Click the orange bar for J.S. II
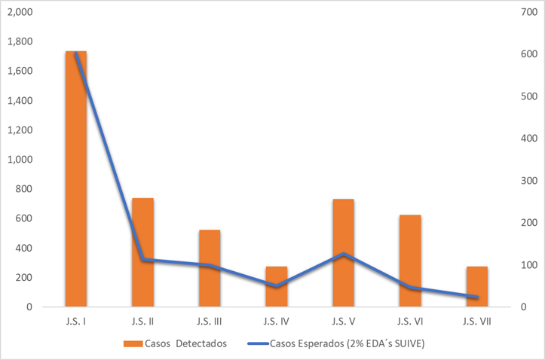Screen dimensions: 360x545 click(x=142, y=252)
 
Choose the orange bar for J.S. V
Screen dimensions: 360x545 click(x=343, y=253)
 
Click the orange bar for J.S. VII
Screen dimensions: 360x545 click(x=477, y=287)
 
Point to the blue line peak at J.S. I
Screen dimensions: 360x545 click(x=76, y=54)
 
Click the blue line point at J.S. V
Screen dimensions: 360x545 click(x=343, y=254)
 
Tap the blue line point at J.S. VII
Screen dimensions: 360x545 click(x=477, y=297)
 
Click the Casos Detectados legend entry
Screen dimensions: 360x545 click(x=175, y=343)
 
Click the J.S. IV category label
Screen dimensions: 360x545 click(x=277, y=321)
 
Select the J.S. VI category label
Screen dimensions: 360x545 click(x=410, y=321)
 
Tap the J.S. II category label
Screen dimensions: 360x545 click(x=142, y=321)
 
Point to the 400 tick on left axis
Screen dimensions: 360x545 click(x=23, y=248)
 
